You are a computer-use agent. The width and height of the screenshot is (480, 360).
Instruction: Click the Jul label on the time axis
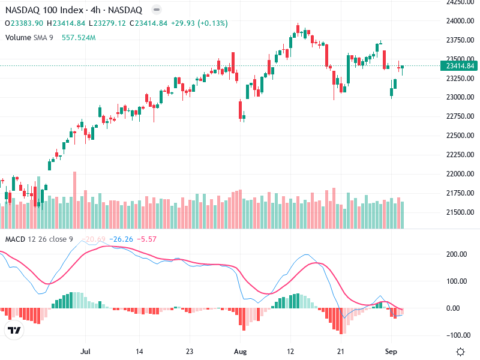[85, 351]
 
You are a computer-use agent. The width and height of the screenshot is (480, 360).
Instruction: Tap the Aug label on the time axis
[240, 351]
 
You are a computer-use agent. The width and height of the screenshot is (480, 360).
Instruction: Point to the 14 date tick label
[139, 351]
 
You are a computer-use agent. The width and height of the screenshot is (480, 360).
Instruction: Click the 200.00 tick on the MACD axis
[458, 254]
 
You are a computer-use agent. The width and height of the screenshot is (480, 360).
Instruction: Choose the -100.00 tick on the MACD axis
[457, 335]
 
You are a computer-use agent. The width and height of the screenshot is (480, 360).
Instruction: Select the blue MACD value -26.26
[121, 239]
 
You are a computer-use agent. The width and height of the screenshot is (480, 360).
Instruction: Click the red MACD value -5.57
[147, 239]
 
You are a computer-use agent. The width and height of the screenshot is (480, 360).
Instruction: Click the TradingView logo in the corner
[14, 331]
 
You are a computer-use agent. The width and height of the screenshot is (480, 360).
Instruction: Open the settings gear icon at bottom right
[460, 352]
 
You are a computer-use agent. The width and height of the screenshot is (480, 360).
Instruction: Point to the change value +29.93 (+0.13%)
[200, 23]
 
